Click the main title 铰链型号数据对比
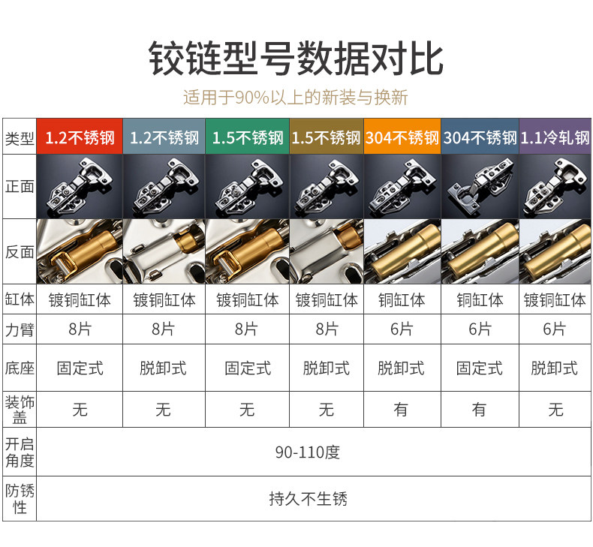point(296,58)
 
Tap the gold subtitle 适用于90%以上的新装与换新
point(296,98)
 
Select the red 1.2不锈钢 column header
point(80,137)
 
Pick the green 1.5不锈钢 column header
point(247,137)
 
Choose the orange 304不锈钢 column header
point(402,137)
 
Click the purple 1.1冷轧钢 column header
point(555,137)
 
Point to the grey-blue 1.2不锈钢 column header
point(164,137)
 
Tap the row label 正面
point(20,186)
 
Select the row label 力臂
point(20,329)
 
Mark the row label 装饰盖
point(20,410)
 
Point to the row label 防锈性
point(20,499)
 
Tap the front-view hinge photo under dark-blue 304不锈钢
point(479,186)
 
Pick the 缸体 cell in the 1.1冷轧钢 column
point(555,300)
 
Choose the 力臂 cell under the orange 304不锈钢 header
point(402,329)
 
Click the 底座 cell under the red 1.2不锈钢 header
point(80,368)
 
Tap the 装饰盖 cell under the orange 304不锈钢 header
point(402,410)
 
